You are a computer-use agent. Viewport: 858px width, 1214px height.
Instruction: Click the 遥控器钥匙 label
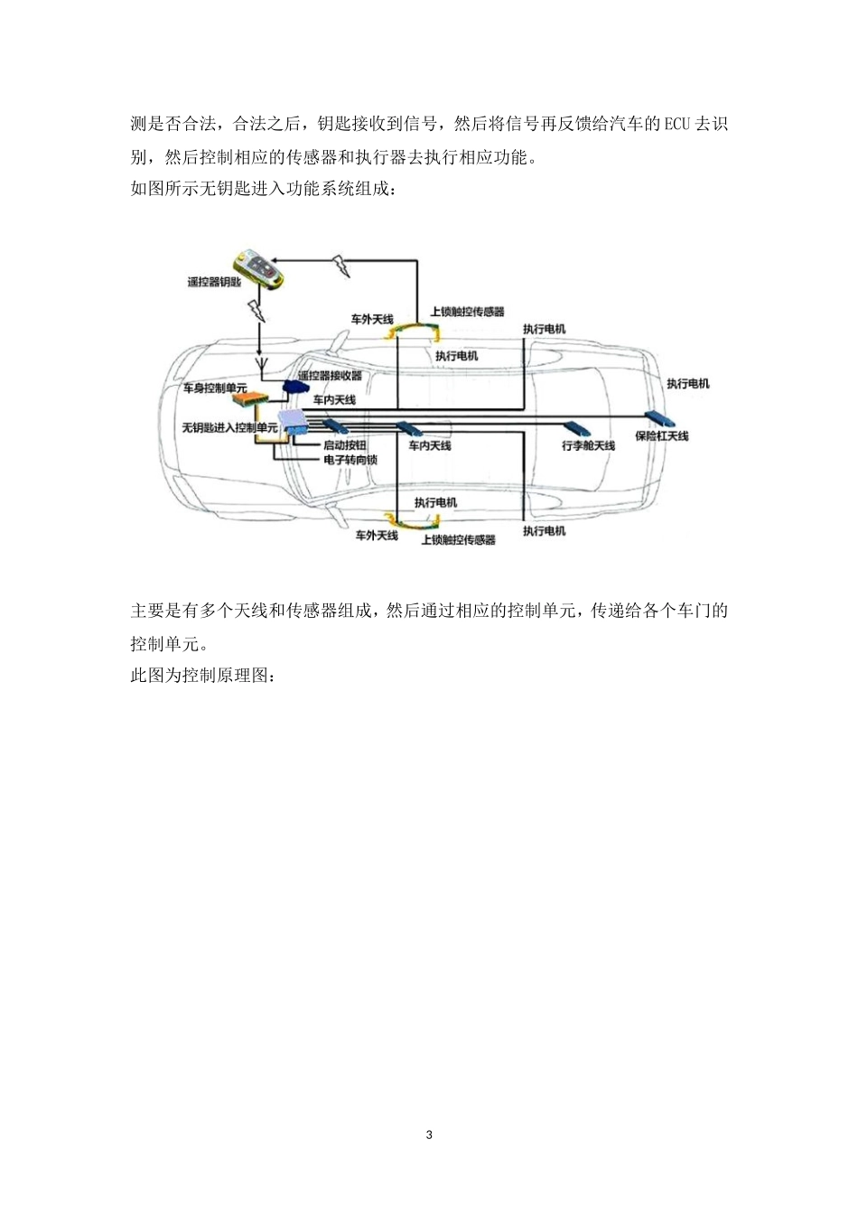coord(214,282)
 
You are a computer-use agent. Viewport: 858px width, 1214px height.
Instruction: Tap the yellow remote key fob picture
coord(258,269)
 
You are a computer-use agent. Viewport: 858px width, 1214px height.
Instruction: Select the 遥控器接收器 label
coord(330,376)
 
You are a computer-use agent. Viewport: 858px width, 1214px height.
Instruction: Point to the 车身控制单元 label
coord(214,388)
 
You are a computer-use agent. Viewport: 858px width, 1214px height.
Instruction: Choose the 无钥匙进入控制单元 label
coord(229,427)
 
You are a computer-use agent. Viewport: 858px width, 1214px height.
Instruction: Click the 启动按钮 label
coord(345,445)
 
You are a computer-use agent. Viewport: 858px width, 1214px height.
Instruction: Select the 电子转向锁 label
coord(350,460)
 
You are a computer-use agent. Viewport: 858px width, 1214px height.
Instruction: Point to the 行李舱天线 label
coord(588,445)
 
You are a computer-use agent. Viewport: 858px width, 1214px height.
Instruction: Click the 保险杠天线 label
coord(661,436)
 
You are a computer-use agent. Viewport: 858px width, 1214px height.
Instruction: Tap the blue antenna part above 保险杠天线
coord(666,418)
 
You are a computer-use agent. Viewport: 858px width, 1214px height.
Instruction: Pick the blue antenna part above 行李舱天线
coord(578,427)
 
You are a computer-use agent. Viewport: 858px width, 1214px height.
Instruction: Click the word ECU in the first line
coord(676,124)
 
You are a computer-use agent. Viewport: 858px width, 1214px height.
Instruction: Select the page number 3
coord(429,1135)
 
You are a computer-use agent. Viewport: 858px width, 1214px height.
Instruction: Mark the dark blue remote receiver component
coord(295,387)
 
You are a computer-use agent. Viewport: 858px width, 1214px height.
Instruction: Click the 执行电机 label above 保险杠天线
coord(687,384)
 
